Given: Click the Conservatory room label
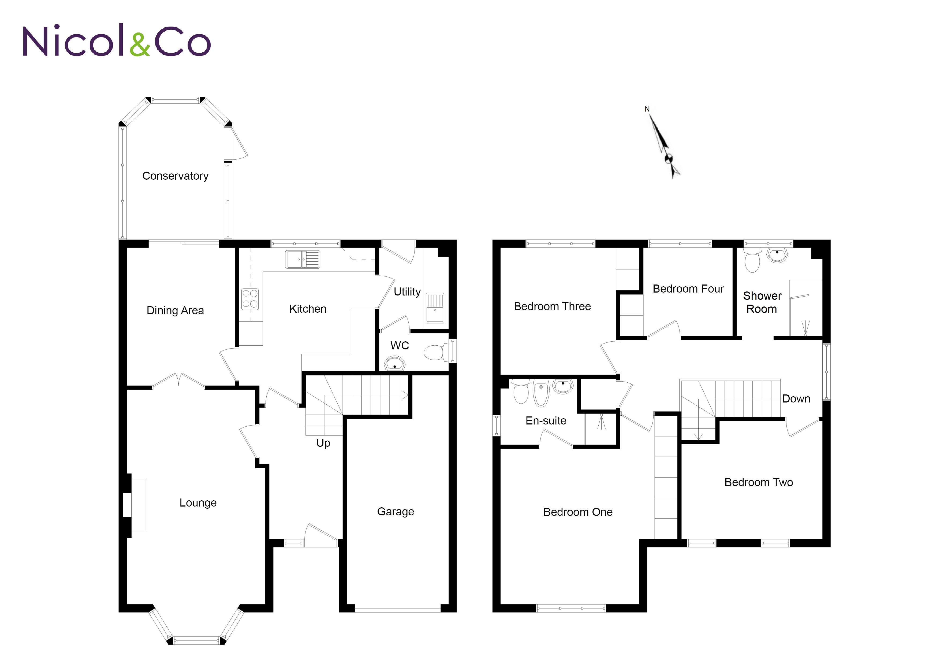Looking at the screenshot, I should (175, 176).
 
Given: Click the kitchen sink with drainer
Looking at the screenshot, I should (303, 259).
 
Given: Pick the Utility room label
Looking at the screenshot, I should (407, 292).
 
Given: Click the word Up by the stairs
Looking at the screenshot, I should (323, 443).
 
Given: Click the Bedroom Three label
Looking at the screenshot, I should (552, 306).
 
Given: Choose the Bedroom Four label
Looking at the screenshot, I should (688, 289).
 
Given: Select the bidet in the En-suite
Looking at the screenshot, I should (541, 392).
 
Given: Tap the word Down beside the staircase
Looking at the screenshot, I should (796, 399).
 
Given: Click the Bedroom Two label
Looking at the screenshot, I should (758, 482).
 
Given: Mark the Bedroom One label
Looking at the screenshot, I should (578, 512).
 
